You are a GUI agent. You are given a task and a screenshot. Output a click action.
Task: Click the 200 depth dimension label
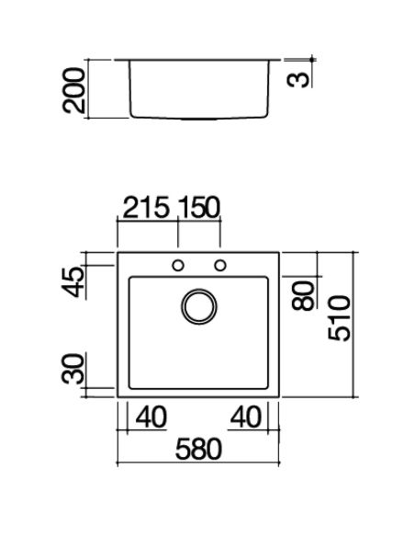pos(73,90)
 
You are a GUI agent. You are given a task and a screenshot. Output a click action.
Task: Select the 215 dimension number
pos(146,207)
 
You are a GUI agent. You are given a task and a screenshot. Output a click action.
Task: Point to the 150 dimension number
pos(198,207)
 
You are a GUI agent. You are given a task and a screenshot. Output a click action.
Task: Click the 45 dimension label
pos(73,282)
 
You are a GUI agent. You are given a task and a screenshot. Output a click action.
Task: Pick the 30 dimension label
pos(73,369)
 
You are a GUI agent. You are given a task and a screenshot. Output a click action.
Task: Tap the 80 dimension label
pos(303,295)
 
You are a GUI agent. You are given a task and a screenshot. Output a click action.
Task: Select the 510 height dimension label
pos(339,318)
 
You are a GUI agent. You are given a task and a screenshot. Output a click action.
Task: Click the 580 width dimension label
pos(198,449)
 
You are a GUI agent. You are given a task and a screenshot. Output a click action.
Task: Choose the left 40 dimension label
pos(151,417)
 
